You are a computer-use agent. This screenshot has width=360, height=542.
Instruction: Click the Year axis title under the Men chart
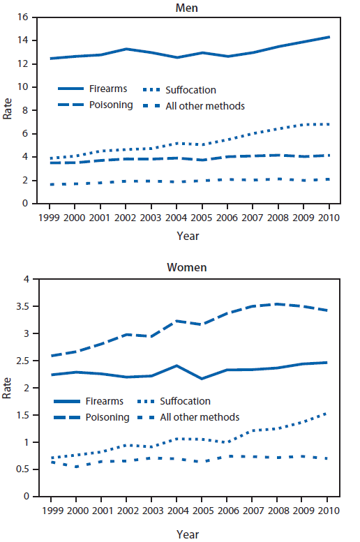click(x=187, y=236)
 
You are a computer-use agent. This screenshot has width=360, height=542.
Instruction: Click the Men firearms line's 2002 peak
click(x=127, y=49)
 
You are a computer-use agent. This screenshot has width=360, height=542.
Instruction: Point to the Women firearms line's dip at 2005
click(x=202, y=379)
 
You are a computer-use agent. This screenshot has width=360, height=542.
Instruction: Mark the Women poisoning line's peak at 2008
click(x=278, y=303)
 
